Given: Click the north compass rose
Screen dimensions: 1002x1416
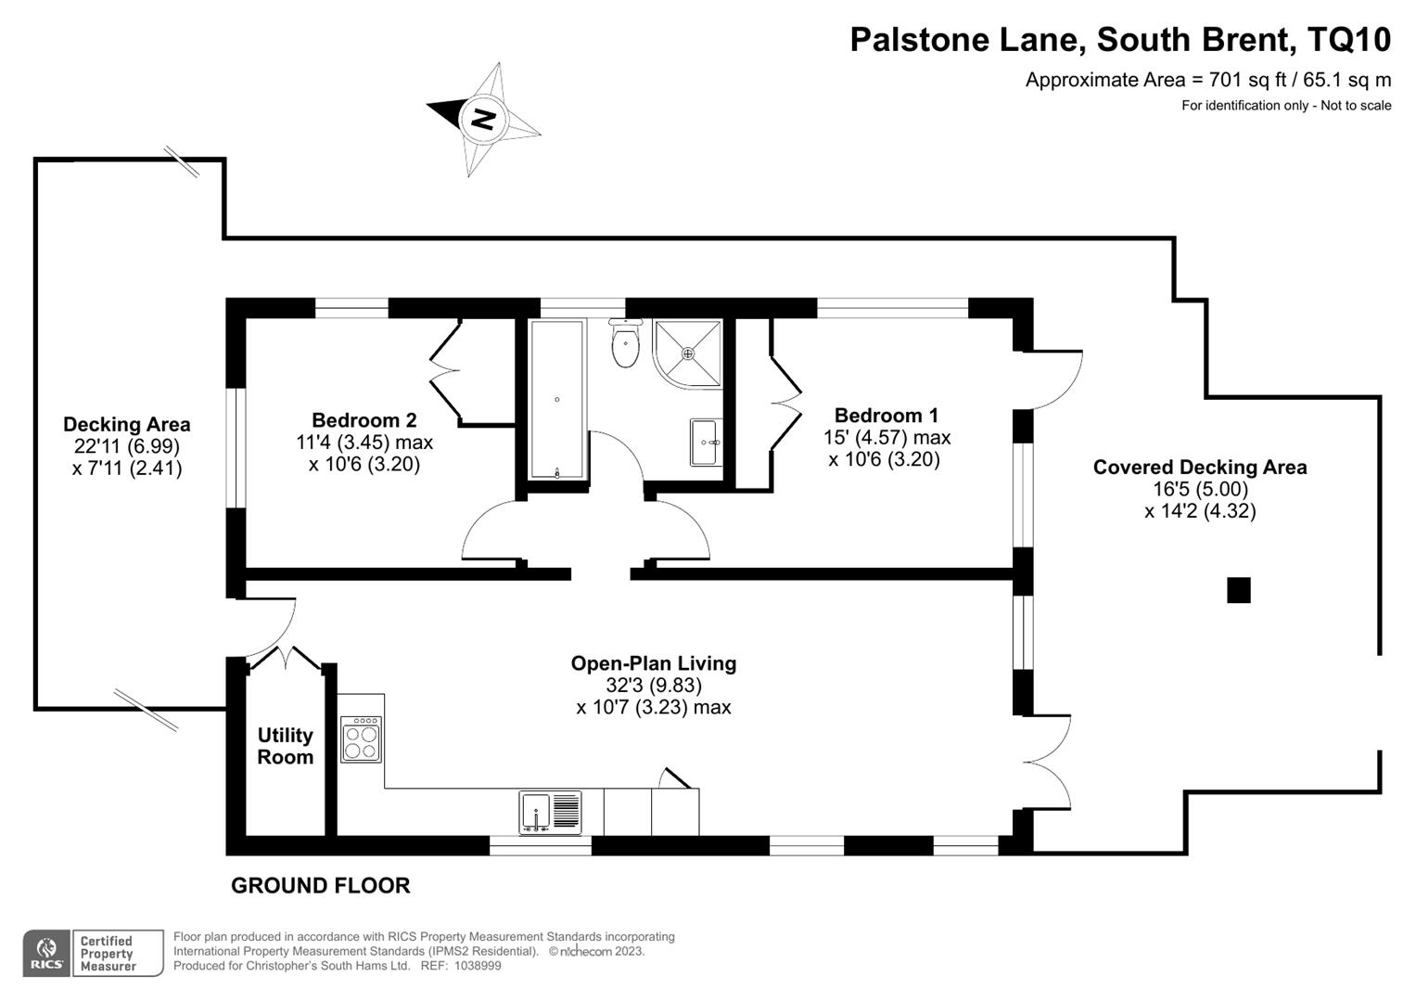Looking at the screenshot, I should click(x=483, y=119).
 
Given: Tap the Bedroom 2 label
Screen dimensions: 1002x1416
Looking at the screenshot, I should click(x=364, y=420).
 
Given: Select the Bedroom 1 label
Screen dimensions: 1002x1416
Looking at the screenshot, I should click(x=886, y=415).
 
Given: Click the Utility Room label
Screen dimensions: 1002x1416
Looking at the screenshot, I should click(x=285, y=746).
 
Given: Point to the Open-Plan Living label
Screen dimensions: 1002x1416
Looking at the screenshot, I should click(x=653, y=663).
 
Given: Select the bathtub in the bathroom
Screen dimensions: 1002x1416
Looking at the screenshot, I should click(x=556, y=399).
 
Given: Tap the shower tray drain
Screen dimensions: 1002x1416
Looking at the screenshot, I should click(x=688, y=353).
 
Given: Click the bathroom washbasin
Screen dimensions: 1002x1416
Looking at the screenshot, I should click(x=706, y=443).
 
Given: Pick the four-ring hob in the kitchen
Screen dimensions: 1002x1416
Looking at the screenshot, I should click(x=361, y=739).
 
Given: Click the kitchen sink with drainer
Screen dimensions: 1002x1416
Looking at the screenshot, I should click(x=550, y=812).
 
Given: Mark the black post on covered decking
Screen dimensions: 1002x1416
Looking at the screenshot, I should click(x=1238, y=590).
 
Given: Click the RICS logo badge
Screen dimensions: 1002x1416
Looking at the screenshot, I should click(x=46, y=954).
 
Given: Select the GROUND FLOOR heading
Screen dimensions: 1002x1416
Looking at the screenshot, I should click(x=320, y=886).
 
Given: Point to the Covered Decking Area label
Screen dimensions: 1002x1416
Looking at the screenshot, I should click(x=1199, y=468).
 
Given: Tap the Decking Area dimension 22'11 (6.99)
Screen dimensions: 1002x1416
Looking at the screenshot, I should click(x=126, y=446).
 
